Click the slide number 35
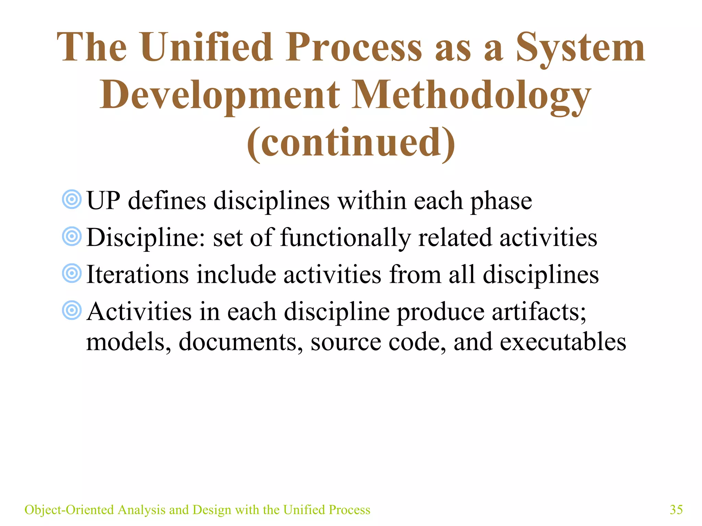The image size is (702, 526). click(x=676, y=510)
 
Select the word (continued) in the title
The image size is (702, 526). click(x=351, y=142)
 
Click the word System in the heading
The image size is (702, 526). click(x=580, y=48)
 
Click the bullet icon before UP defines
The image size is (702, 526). click(x=72, y=199)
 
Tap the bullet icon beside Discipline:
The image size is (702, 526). click(x=72, y=236)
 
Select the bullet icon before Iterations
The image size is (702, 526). click(x=72, y=273)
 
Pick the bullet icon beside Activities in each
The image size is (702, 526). click(x=72, y=310)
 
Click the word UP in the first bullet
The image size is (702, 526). click(x=103, y=201)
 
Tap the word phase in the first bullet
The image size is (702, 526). click(x=501, y=201)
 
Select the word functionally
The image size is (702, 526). click(x=345, y=238)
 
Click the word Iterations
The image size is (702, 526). click(x=137, y=275)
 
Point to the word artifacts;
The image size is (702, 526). click(x=539, y=312)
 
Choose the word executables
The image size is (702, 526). click(x=562, y=342)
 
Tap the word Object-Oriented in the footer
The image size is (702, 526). click(x=69, y=510)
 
